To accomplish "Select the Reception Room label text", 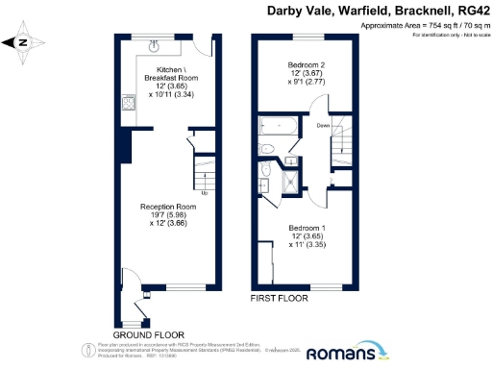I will (x=161, y=208).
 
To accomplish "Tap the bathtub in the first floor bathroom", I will (x=279, y=125).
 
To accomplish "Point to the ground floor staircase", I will (x=204, y=173).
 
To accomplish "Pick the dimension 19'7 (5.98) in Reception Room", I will (x=161, y=215).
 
